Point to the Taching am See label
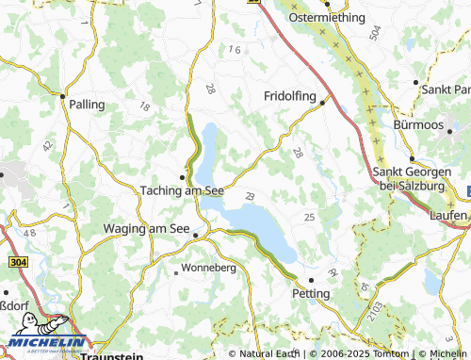(x=182, y=189)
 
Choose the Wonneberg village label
(x=209, y=267)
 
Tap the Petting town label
(x=311, y=293)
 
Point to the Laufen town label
(x=446, y=215)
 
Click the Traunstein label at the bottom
(x=111, y=355)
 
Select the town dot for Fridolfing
(x=323, y=103)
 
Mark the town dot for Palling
(x=62, y=95)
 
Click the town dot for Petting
(x=311, y=279)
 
